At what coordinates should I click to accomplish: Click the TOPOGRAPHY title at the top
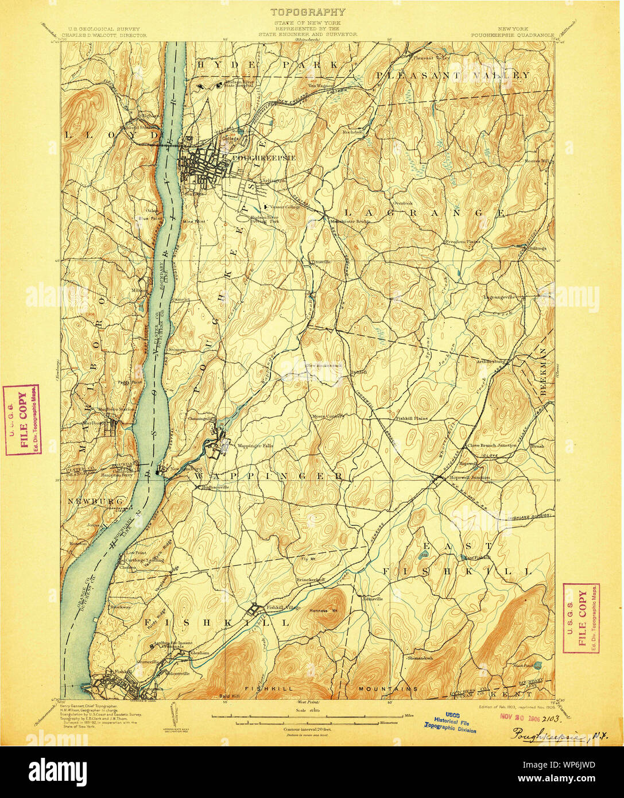(308, 11)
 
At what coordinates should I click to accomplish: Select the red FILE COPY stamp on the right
(581, 618)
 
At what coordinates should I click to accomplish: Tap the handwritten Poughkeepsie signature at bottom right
(545, 733)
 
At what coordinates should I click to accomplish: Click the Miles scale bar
(310, 716)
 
